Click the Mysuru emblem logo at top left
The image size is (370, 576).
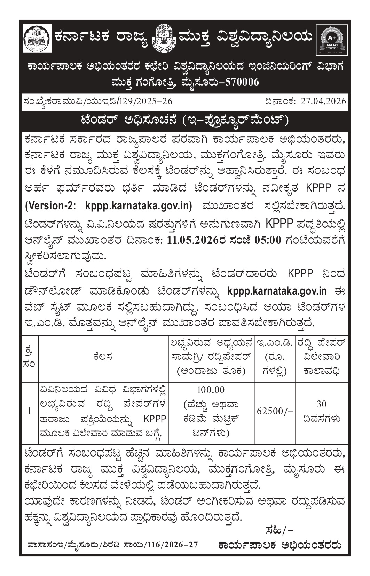[x=37, y=38]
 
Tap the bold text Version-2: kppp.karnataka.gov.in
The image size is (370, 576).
[x=108, y=205]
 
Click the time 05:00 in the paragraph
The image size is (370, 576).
[x=268, y=240]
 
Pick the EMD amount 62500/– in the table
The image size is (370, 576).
[x=275, y=411]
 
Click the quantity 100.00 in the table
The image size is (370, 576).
[x=211, y=390]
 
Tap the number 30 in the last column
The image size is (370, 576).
[x=322, y=404]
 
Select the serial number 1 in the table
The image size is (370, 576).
[x=29, y=411]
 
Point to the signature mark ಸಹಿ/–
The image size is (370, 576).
[x=279, y=530]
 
